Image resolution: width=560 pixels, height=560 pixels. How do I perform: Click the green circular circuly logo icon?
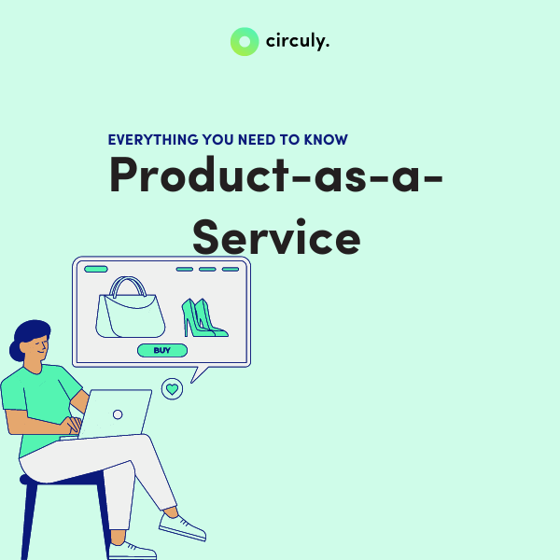pos(245,41)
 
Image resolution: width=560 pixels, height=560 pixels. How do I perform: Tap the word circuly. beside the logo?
pos(297,41)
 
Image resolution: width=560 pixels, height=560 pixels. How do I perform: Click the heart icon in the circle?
pos(172,387)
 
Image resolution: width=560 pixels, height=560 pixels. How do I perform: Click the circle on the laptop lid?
pos(118,414)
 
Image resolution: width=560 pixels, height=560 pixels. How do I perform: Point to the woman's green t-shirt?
pos(37,401)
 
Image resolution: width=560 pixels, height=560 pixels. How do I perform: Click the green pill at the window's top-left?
pos(96,269)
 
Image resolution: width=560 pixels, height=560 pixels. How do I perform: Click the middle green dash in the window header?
pos(207,269)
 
